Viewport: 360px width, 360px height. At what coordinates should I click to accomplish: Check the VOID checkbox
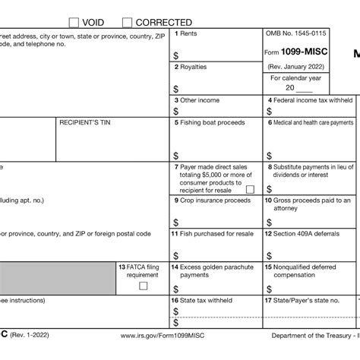point(74,22)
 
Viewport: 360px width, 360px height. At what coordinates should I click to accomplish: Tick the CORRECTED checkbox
point(128,22)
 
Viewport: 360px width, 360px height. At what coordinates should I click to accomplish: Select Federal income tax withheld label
point(309,100)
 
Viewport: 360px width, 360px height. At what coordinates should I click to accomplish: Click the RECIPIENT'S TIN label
point(83,122)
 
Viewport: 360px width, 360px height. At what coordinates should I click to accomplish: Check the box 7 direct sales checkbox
point(250,189)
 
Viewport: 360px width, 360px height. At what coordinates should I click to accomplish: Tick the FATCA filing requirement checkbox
point(143,286)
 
